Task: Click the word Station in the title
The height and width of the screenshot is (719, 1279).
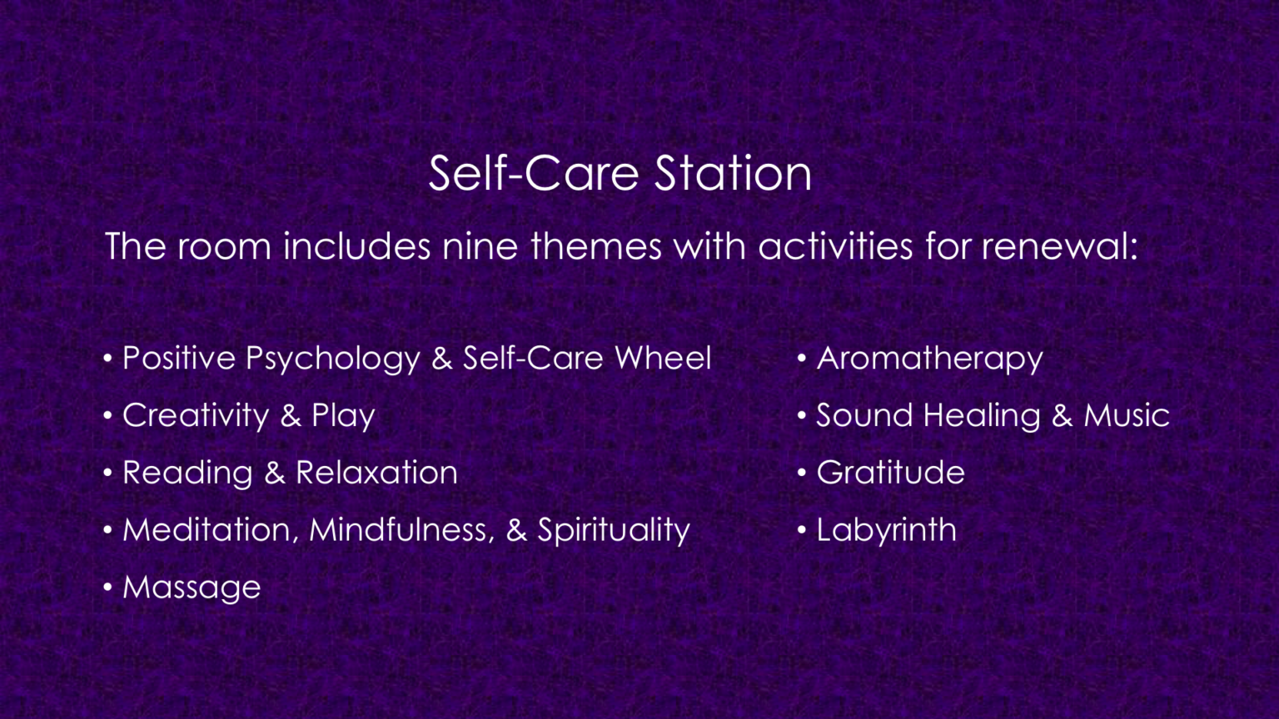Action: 733,173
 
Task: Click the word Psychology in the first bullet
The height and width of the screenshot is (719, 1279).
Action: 332,359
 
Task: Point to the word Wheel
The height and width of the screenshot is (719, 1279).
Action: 663,358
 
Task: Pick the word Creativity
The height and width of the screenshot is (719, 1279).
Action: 196,416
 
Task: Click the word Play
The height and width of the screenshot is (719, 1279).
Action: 343,416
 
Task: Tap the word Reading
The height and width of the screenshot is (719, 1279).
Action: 187,474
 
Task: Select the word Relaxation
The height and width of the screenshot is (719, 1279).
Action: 376,473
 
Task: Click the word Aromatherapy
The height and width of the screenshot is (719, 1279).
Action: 929,359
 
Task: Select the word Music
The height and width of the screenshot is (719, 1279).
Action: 1127,415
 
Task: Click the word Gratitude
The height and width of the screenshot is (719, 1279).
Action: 890,473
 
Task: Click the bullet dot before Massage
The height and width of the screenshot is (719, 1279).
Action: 108,588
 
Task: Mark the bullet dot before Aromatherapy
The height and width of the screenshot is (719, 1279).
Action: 802,359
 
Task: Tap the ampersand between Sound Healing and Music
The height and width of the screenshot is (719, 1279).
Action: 1062,415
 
